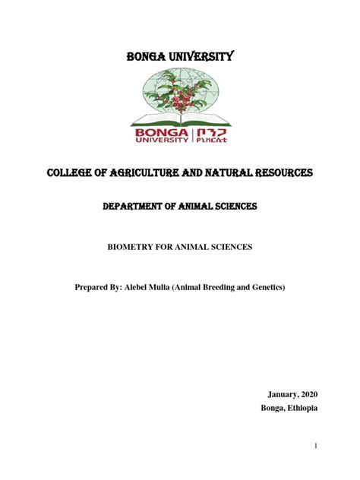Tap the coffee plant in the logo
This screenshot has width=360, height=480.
point(178,95)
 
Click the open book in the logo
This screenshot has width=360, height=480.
point(180,119)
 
